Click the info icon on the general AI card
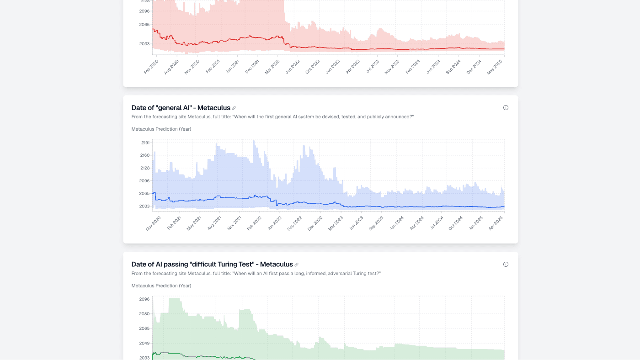(506, 108)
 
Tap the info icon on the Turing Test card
(506, 265)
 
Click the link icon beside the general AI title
(234, 108)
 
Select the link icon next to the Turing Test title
(296, 265)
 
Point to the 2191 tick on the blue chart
(145, 143)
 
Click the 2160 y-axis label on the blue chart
(145, 155)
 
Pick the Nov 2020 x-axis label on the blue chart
(154, 223)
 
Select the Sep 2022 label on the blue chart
(295, 223)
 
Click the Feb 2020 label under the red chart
(151, 67)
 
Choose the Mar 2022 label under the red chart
(272, 67)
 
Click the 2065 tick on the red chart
(144, 25)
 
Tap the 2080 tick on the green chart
(144, 314)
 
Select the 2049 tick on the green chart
(144, 343)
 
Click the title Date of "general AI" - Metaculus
(181, 108)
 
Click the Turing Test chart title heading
(212, 265)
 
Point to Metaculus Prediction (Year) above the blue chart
(161, 129)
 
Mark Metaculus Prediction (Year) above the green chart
(161, 286)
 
